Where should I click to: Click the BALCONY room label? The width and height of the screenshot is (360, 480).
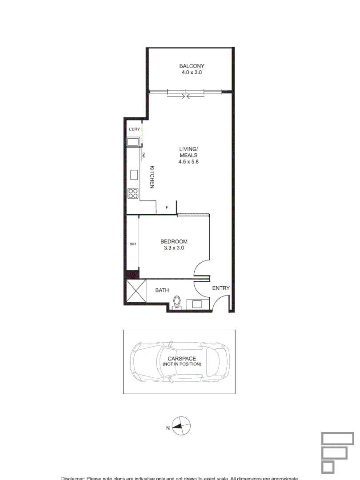[192, 66]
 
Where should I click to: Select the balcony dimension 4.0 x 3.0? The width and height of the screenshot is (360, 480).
[192, 72]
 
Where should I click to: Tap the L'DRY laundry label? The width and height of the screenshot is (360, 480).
[134, 129]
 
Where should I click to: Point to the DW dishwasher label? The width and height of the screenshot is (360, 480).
[144, 155]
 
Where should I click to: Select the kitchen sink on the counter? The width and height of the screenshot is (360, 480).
[134, 175]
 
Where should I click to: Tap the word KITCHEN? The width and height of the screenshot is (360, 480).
[152, 177]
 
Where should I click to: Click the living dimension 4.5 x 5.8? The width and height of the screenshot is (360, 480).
[188, 162]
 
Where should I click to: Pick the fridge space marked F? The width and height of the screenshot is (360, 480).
[167, 208]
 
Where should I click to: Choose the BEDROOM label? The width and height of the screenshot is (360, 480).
[174, 241]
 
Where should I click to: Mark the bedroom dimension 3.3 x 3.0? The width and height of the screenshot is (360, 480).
[174, 248]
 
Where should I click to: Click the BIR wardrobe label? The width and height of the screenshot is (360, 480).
[132, 244]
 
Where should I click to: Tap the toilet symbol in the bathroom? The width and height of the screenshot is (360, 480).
[177, 302]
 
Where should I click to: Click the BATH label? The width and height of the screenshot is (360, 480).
[162, 290]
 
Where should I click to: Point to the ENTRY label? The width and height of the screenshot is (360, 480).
[221, 288]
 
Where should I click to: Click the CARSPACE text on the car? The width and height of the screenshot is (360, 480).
[181, 358]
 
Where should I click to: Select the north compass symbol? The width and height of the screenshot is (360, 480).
[181, 426]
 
